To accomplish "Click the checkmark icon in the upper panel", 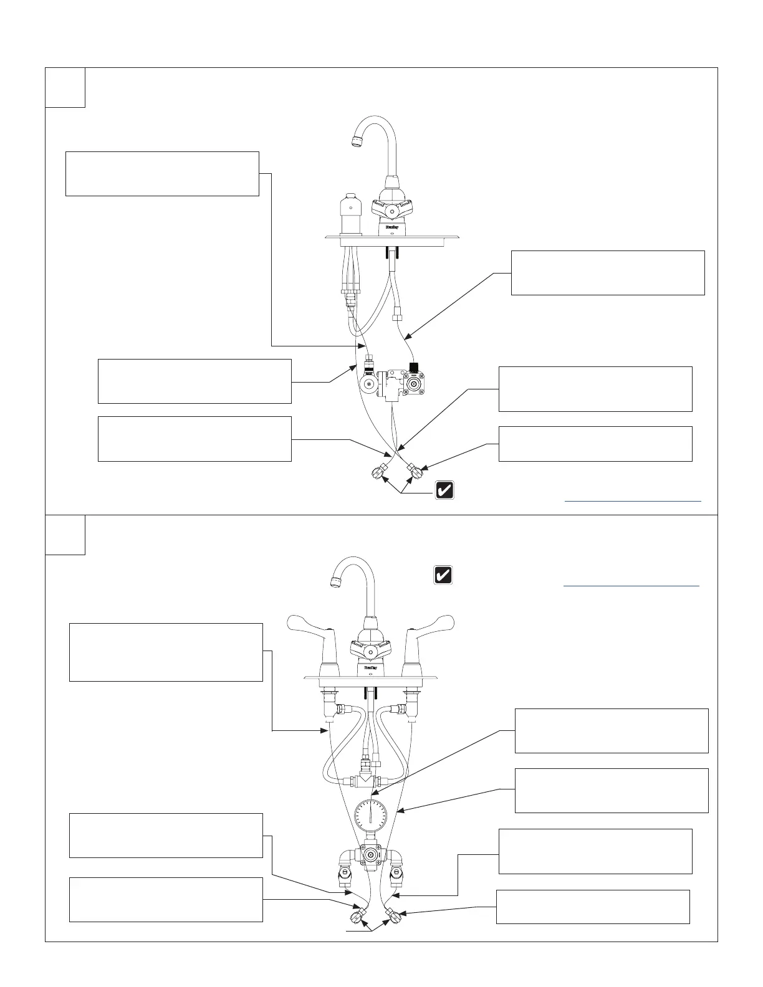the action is pos(444,490).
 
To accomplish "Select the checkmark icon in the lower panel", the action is pos(443,575).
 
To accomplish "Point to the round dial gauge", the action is pos(370,818).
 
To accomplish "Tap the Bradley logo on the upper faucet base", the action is pos(391,229).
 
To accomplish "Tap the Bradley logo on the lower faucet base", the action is pos(370,667).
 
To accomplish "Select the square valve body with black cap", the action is pos(413,384).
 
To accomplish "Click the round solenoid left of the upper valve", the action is pos(369,384).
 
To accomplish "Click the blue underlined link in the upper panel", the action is pos(632,500).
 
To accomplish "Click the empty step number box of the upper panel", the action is pos(65,87).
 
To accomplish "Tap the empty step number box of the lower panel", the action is pos(65,535).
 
